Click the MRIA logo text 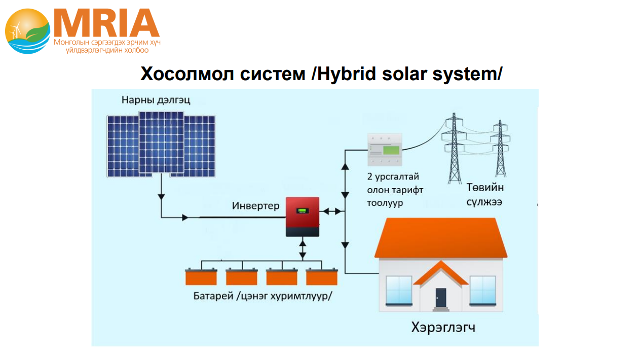pos(107,23)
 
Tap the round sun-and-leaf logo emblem pos(28,31)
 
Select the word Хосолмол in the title pos(187,74)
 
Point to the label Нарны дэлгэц pos(156,100)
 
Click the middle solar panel pos(161,142)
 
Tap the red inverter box pos(303,217)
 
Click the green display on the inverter pos(303,211)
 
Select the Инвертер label pos(255,206)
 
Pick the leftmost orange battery pos(201,276)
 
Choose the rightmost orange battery pos(322,276)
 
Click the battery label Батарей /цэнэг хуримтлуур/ pos(262,296)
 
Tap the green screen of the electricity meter pos(391,150)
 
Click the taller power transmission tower pos(454,149)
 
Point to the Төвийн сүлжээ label pos(485,195)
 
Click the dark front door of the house pos(441,298)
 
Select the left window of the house pos(399,290)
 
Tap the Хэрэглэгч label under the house pos(443,328)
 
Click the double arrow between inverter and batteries pos(303,249)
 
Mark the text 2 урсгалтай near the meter pos(393,177)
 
